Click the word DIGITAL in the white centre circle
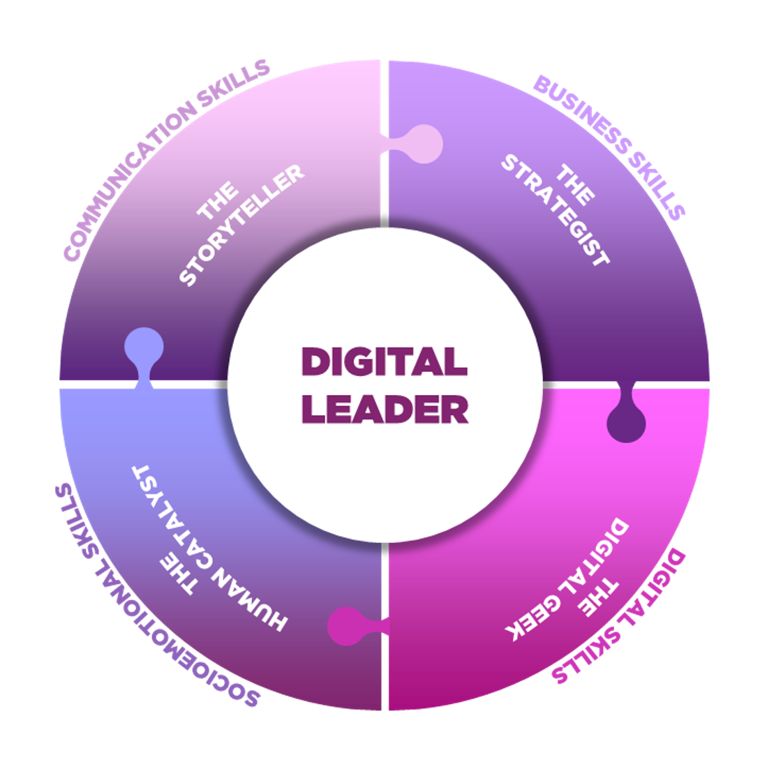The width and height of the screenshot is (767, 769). point(384,362)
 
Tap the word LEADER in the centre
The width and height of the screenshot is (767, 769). point(385,410)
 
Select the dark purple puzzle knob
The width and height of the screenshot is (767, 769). point(626,421)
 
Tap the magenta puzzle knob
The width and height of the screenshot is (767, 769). point(348,625)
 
